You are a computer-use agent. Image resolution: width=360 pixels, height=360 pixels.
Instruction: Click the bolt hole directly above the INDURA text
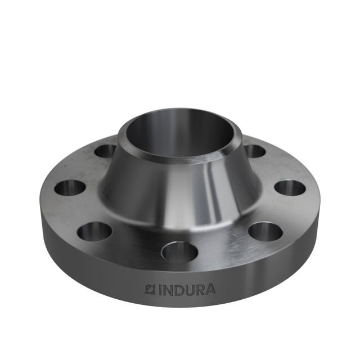pos(179,251)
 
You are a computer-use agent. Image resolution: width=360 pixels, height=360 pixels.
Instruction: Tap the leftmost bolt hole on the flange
pos(70,187)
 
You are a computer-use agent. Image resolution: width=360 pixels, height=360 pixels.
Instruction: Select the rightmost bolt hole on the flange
pos(290,187)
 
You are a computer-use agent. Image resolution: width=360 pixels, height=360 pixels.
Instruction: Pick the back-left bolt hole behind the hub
pos(105,151)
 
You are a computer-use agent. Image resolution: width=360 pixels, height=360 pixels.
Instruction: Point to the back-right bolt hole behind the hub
pos(254,151)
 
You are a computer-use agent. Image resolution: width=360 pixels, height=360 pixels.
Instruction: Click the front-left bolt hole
pos(94,231)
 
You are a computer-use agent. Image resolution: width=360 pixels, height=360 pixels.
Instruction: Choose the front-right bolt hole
pos(265,231)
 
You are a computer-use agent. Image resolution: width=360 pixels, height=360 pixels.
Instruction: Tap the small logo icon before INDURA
pos(151,290)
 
